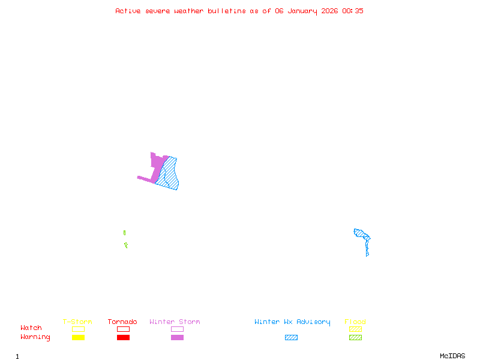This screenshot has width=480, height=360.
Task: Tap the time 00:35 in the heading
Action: pos(353,11)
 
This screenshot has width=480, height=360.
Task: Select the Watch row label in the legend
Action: pos(31,328)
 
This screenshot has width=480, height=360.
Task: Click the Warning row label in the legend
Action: pos(35,337)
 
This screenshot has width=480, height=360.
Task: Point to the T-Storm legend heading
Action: pos(77,322)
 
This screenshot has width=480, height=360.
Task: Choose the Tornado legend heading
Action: pos(122,322)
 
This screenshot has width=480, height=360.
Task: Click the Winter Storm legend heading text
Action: pos(175,322)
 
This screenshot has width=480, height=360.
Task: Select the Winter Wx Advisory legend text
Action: pos(292,322)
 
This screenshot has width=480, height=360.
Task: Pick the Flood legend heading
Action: pos(355,322)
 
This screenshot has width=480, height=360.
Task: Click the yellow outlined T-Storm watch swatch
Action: pos(78,329)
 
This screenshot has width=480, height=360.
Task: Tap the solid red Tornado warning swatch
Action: pos(123,337)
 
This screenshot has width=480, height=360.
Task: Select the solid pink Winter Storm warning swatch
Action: pos(177,337)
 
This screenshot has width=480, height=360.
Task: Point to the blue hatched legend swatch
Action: pos(291,337)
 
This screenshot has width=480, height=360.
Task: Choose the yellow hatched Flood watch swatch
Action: pos(355,329)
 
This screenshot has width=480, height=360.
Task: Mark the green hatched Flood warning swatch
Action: pos(355,337)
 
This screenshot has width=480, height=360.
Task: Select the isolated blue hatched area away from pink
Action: pos(362,235)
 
